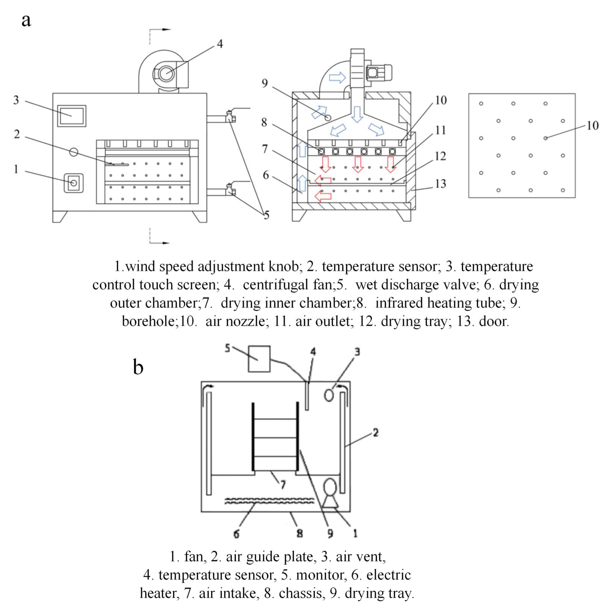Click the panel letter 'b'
pyautogui.click(x=138, y=367)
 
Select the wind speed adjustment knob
pyautogui.click(x=73, y=183)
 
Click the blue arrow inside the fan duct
pyautogui.click(x=337, y=77)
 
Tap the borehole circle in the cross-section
pyautogui.click(x=328, y=118)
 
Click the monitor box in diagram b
pyautogui.click(x=259, y=359)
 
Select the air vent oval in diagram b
pyautogui.click(x=329, y=395)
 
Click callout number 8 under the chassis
pyautogui.click(x=299, y=534)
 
